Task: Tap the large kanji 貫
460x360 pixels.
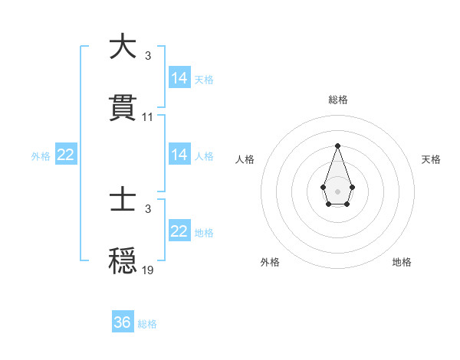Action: tap(123, 107)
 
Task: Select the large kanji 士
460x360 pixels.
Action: tap(123, 201)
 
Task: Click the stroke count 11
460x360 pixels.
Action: tap(148, 117)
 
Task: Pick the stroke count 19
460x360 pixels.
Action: tap(148, 270)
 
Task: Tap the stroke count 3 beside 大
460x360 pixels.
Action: tap(148, 56)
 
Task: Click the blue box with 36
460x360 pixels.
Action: tap(123, 322)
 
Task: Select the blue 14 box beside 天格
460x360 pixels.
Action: tap(179, 78)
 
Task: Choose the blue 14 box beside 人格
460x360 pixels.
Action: tap(179, 155)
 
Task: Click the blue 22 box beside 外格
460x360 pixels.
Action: tap(66, 155)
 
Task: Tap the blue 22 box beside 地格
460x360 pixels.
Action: tap(179, 231)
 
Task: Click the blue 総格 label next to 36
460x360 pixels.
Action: tap(147, 324)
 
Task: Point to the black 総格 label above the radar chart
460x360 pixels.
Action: tap(337, 100)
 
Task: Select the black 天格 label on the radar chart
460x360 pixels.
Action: tap(432, 159)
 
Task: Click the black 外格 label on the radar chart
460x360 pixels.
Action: tap(270, 262)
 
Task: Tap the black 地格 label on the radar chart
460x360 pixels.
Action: tap(402, 262)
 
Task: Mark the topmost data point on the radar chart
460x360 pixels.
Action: tap(337, 146)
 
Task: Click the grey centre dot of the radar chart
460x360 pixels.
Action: tap(337, 190)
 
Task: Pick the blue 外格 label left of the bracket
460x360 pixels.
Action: tap(41, 155)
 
